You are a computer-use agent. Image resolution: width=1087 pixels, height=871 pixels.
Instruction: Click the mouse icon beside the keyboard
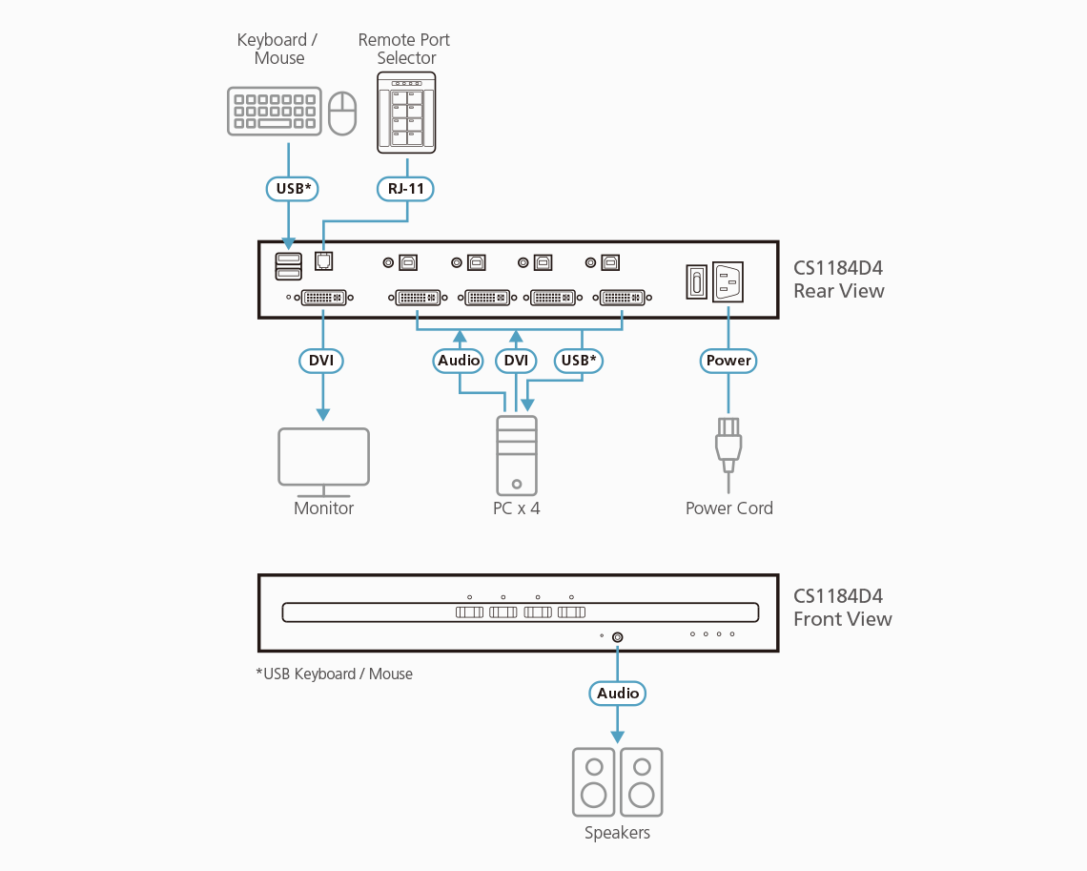341,113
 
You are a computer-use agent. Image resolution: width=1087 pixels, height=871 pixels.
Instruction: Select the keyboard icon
273,112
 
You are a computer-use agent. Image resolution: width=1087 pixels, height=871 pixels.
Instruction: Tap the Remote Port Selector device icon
406,115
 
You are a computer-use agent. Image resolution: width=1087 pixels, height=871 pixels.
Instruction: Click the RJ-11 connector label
405,189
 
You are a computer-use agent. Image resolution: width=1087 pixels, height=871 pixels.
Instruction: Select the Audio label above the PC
459,361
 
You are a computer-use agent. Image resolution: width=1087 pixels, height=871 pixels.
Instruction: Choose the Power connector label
728,361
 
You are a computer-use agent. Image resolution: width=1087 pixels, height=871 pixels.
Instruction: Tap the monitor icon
323,461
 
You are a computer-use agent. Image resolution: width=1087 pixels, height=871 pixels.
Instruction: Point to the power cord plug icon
728,443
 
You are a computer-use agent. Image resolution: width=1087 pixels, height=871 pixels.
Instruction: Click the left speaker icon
594,781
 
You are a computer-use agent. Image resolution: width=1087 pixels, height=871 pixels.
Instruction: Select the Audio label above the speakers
618,694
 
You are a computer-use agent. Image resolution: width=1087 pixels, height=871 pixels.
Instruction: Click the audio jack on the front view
618,637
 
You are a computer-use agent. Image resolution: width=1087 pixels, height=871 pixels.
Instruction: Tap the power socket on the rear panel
728,281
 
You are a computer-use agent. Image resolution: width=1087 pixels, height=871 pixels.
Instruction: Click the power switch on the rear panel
696,282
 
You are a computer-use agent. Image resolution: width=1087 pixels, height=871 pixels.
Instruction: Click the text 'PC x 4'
516,508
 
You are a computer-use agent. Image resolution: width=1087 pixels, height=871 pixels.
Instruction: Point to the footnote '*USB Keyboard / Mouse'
334,674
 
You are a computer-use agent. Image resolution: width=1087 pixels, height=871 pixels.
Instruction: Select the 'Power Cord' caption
728,508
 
